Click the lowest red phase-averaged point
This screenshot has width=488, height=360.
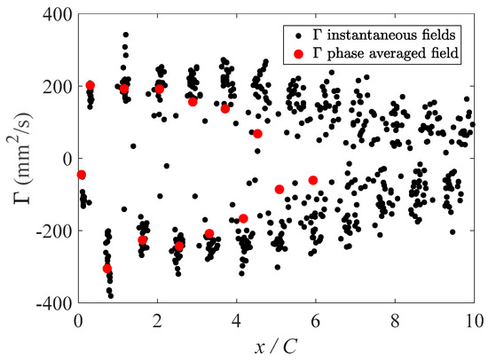[107, 268]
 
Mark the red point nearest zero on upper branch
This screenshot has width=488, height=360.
[257, 134]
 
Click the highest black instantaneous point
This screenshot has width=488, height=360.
[126, 35]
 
